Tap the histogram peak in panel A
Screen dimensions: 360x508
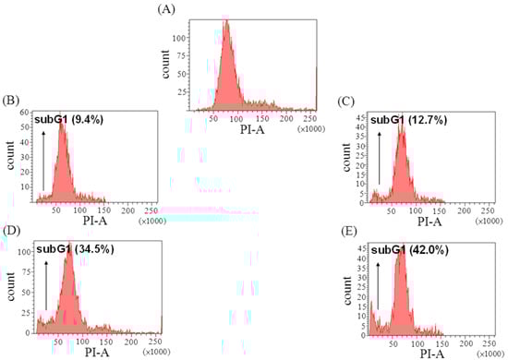(x=226, y=22)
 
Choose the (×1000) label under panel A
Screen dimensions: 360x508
(x=309, y=130)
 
